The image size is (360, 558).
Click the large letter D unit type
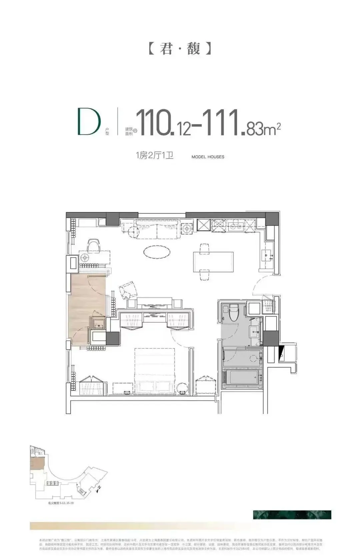[89, 122]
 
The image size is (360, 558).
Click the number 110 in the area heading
[153, 122]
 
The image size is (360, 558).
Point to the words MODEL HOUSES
[208, 157]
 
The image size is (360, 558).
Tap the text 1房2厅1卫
[154, 155]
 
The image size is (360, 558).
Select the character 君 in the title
[166, 49]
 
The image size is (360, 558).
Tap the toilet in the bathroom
[234, 312]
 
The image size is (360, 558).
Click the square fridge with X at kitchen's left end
[203, 225]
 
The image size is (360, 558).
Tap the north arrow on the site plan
[99, 489]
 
